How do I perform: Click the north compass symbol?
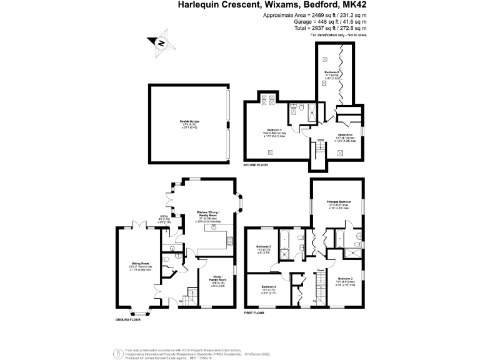coord(161,42)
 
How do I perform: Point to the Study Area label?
coord(346,134)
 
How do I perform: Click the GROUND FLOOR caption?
coord(127,319)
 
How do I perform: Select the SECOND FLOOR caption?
coord(256,164)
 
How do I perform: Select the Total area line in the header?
coord(332,28)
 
